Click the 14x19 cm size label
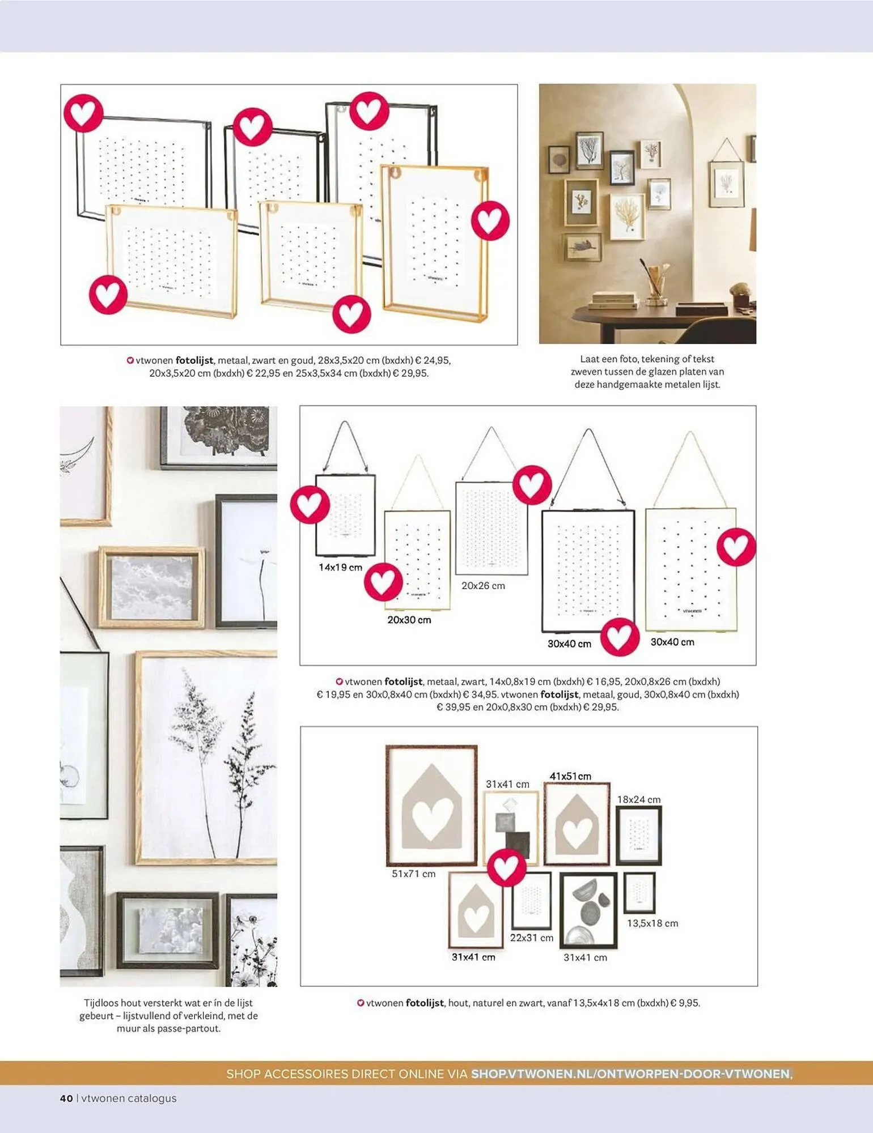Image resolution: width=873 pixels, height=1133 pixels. pos(340,567)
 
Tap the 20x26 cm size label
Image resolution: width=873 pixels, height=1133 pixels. pos(483,586)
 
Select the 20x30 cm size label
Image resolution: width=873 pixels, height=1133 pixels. pos(409,620)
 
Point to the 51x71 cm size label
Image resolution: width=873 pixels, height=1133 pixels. pos(414,874)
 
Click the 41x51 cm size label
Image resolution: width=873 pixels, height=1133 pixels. pos(570,776)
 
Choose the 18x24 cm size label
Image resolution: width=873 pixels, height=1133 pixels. pos(639,799)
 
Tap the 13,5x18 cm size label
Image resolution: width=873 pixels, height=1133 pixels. pos(652,923)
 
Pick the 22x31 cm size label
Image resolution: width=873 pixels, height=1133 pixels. pos(532,938)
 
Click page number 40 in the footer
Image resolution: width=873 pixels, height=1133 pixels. pos(66,1098)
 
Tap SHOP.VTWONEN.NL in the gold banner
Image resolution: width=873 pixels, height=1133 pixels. pos(531,1074)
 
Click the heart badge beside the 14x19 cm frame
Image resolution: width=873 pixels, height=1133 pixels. pos(310,504)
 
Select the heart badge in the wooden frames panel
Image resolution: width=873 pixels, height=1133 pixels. pos(506,866)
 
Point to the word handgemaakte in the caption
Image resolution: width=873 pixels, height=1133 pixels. pos(634,384)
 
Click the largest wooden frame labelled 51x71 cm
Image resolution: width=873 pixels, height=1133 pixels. pos(431,806)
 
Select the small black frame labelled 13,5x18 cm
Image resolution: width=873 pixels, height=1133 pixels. pos(639,893)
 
